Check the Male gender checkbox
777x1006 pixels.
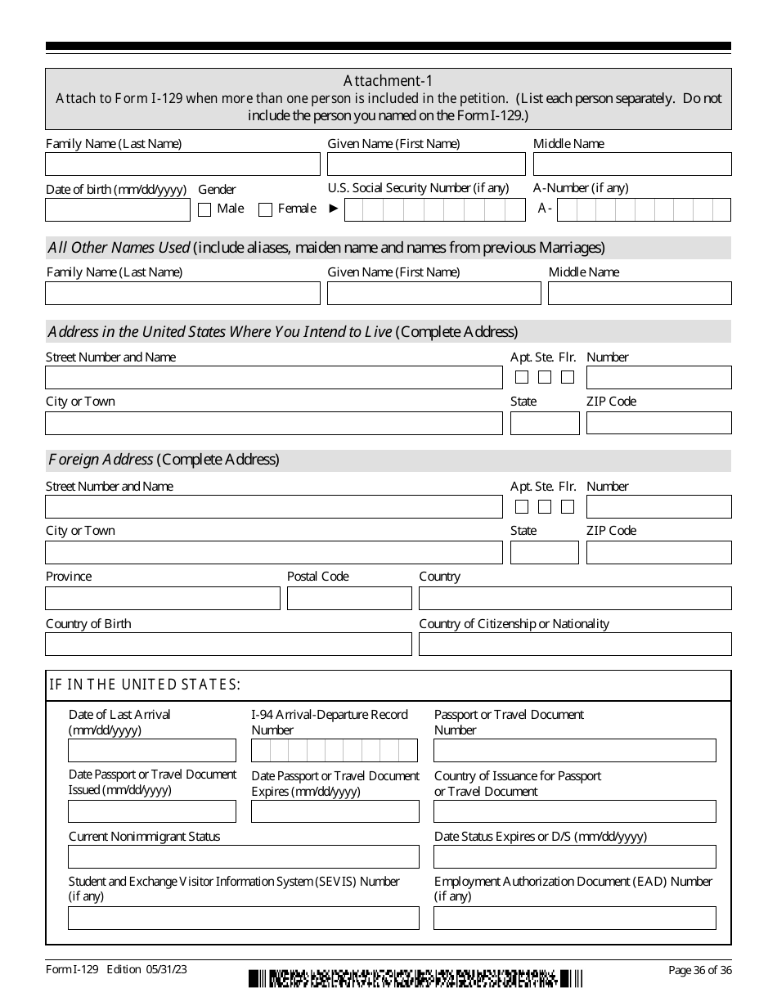204,209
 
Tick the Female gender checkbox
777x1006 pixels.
265,209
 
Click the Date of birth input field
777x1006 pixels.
118,210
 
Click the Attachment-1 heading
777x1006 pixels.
388,80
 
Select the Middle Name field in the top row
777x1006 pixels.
632,164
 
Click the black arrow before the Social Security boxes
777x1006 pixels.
333,209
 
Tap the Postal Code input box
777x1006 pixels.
349,598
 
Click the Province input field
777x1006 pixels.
163,598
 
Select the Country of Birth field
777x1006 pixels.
228,644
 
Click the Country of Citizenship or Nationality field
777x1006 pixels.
575,644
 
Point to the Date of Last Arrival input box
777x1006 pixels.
152,750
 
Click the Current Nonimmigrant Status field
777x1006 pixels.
244,856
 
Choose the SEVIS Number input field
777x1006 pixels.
244,918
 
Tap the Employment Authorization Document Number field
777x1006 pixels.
575,918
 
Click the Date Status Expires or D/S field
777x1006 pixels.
575,856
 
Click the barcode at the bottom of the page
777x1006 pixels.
416,978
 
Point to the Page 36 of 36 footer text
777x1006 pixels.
699,970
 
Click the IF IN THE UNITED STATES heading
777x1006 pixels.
145,685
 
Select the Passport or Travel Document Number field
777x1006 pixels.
575,750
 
